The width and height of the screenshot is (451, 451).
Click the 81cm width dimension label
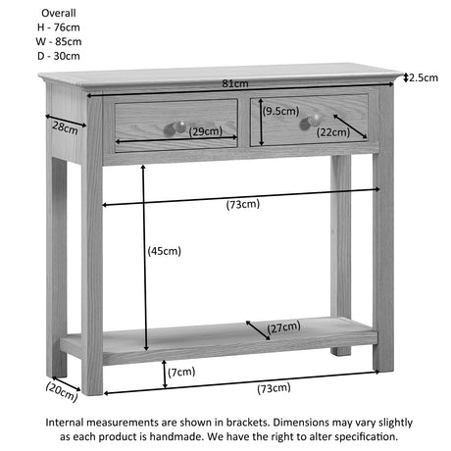[x=235, y=83]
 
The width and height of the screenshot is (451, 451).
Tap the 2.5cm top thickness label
[x=424, y=77]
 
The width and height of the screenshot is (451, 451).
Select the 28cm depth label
[x=65, y=127]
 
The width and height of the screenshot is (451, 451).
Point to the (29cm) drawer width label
[x=206, y=131]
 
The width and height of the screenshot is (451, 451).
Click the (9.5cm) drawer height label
[x=280, y=111]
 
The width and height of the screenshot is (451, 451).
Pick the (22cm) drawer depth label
[x=333, y=132]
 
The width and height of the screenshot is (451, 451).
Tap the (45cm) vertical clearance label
[x=164, y=251]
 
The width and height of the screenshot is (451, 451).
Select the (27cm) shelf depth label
[x=283, y=327]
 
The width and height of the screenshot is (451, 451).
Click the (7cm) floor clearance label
[x=181, y=372]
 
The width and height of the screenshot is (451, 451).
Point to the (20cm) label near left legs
[x=62, y=391]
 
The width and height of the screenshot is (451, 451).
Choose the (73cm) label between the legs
[x=243, y=204]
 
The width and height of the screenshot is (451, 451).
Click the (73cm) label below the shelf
[x=274, y=388]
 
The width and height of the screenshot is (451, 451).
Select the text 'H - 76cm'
[x=59, y=27]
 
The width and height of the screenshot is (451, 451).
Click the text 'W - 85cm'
[x=59, y=42]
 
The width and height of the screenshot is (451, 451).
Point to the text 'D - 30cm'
[x=59, y=56]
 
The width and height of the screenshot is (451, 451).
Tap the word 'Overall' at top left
[x=59, y=13]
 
